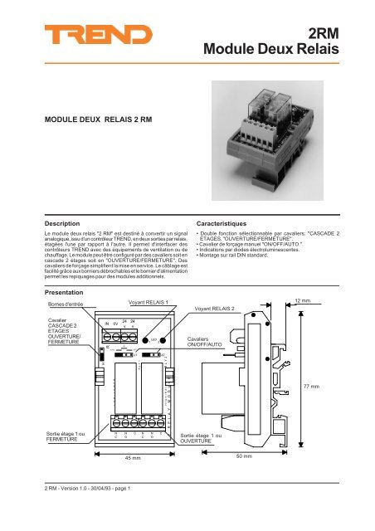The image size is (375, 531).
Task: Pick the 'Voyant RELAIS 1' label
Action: coord(149,303)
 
